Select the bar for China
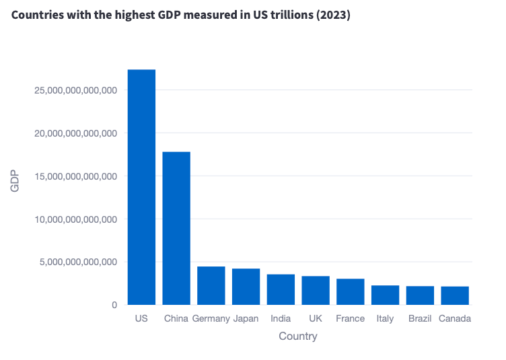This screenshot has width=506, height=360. point(176,228)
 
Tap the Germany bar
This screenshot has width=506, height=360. point(211,285)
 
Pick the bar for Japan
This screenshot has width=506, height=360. point(246,287)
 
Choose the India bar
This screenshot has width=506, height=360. point(281,289)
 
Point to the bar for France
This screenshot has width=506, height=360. point(351,291)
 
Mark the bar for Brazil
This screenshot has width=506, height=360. point(420,295)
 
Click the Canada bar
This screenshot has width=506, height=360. point(455,295)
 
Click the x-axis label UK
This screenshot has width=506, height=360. point(316,318)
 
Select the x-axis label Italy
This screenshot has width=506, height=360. point(385,318)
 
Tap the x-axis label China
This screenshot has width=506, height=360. point(176,318)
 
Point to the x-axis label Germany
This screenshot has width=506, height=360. point(211,318)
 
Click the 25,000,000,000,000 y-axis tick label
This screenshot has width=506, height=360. point(75,90)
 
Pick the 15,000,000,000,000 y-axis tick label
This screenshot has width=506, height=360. point(75,176)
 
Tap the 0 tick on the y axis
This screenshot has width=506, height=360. point(114,305)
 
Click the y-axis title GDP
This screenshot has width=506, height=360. point(15,182)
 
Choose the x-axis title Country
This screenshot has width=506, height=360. point(297,336)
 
